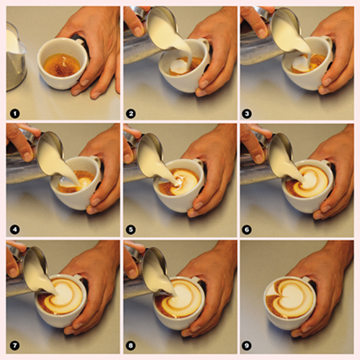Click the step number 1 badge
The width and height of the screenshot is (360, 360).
[15, 114]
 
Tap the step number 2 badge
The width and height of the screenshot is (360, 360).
[131, 114]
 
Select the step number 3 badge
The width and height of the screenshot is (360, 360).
[247, 114]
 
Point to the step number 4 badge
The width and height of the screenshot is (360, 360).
[15, 230]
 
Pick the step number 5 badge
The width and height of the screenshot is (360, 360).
[131, 230]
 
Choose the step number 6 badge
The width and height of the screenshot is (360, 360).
[247, 230]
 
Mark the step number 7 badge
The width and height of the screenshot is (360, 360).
[15, 345]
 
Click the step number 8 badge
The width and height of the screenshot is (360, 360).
[131, 345]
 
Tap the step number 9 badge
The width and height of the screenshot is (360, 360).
[247, 345]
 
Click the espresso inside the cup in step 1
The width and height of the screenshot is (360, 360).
[62, 64]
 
